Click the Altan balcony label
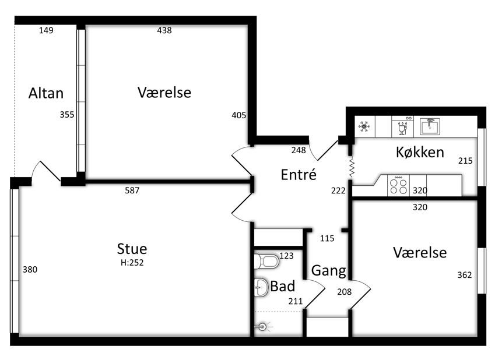[x=46, y=93]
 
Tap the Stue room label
[x=132, y=249]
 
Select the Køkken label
[x=420, y=152]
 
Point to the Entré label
[x=299, y=174]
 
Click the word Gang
[x=328, y=271]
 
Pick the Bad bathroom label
[x=282, y=286]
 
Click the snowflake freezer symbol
[x=364, y=127]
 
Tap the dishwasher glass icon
[x=402, y=128]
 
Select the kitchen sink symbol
[x=430, y=126]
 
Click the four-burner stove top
[x=398, y=186]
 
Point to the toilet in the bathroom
[x=266, y=262]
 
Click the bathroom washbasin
[x=261, y=287]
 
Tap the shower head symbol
[x=264, y=327]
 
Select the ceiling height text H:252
[x=132, y=263]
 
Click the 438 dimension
[x=164, y=30]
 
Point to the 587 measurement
[x=132, y=190]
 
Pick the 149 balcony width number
[x=46, y=30]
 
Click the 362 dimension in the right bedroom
[x=464, y=275]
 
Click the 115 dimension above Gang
[x=327, y=238]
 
